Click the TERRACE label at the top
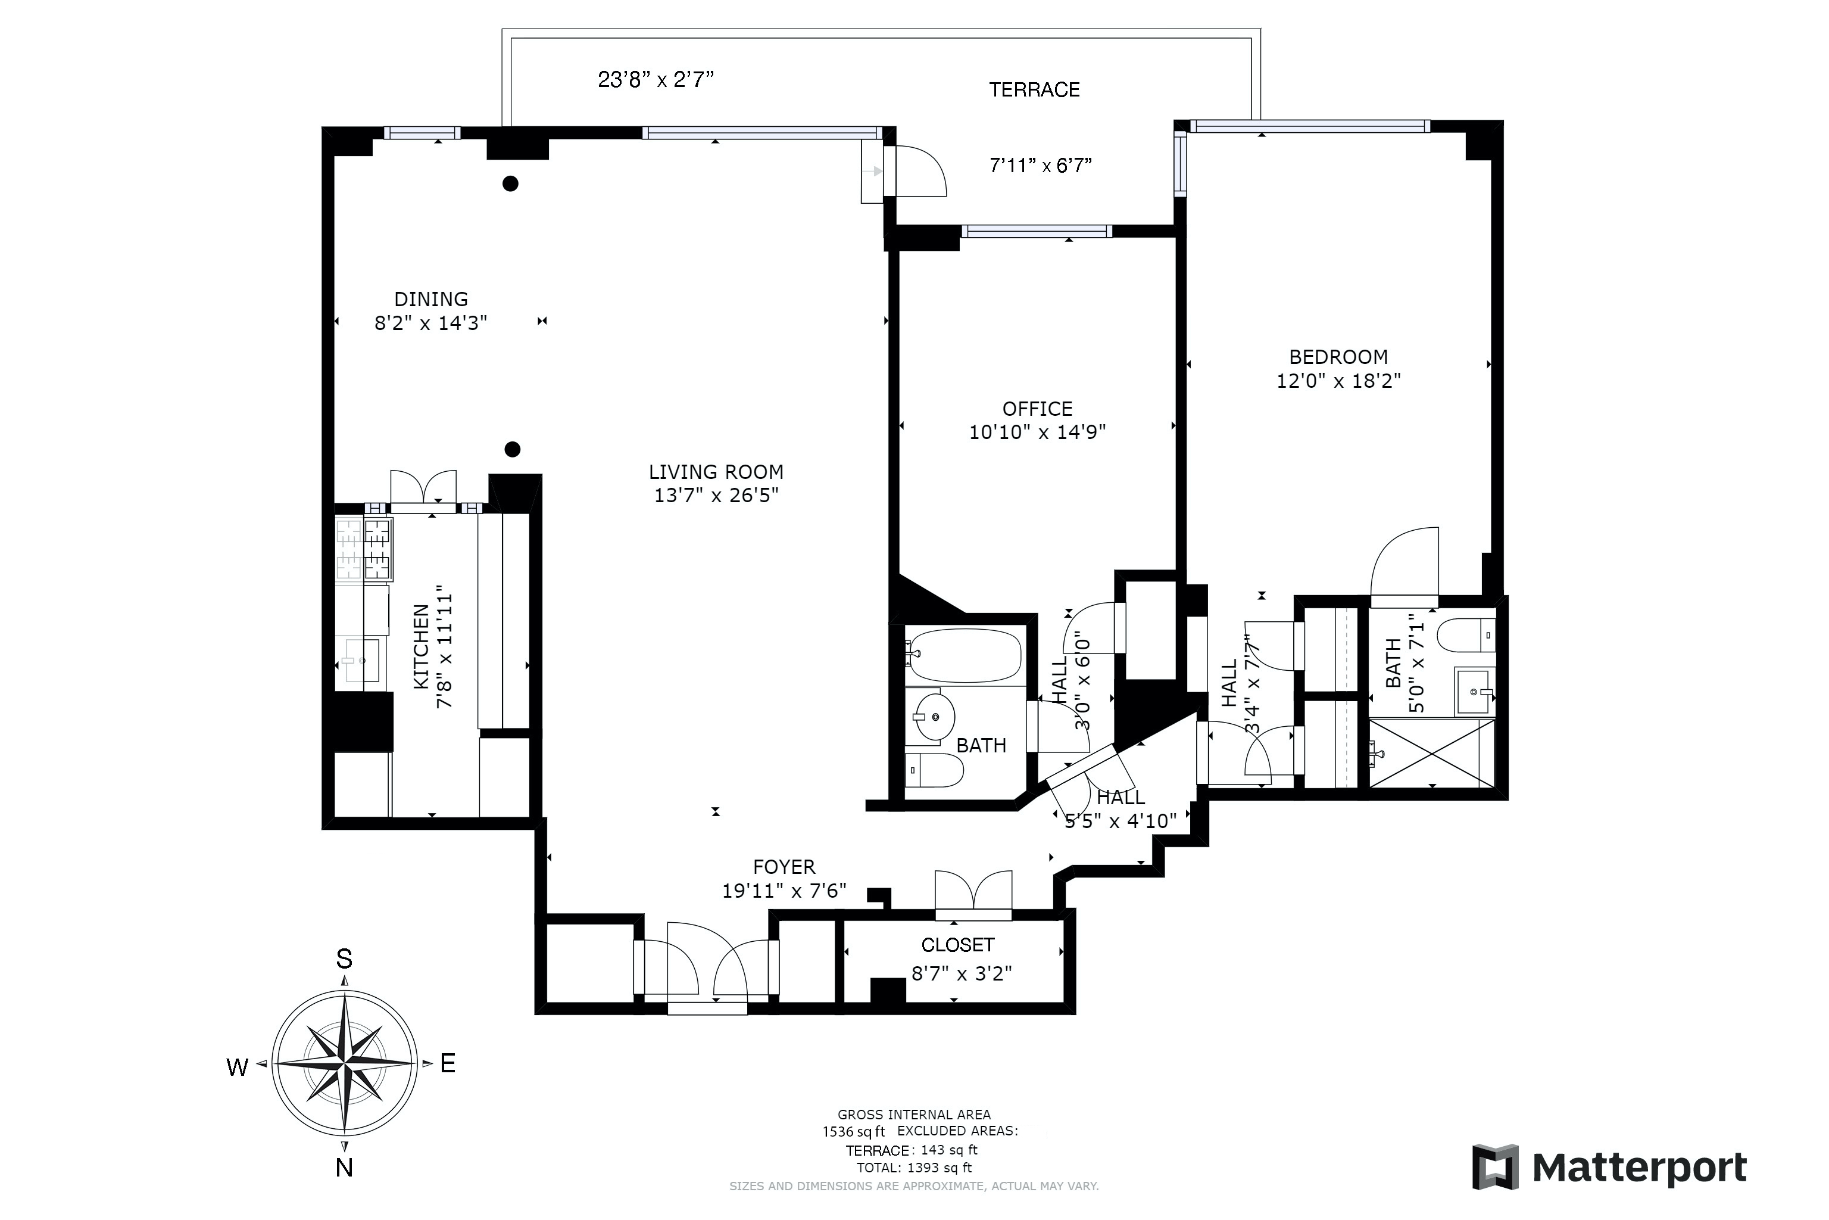click(x=1034, y=89)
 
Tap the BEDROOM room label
click(x=1338, y=357)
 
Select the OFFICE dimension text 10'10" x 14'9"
click(x=1037, y=432)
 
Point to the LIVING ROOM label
click(x=716, y=472)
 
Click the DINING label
click(x=431, y=300)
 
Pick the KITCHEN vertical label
click(x=421, y=646)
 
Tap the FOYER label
click(x=784, y=867)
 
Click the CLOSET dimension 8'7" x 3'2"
click(x=962, y=973)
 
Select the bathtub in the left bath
click(x=965, y=655)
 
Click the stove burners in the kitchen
click(x=364, y=549)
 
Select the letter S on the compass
click(x=344, y=959)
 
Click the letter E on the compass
click(x=448, y=1063)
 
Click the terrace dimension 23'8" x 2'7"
click(x=656, y=79)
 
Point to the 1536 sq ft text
click(x=854, y=1131)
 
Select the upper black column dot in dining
click(x=510, y=183)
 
